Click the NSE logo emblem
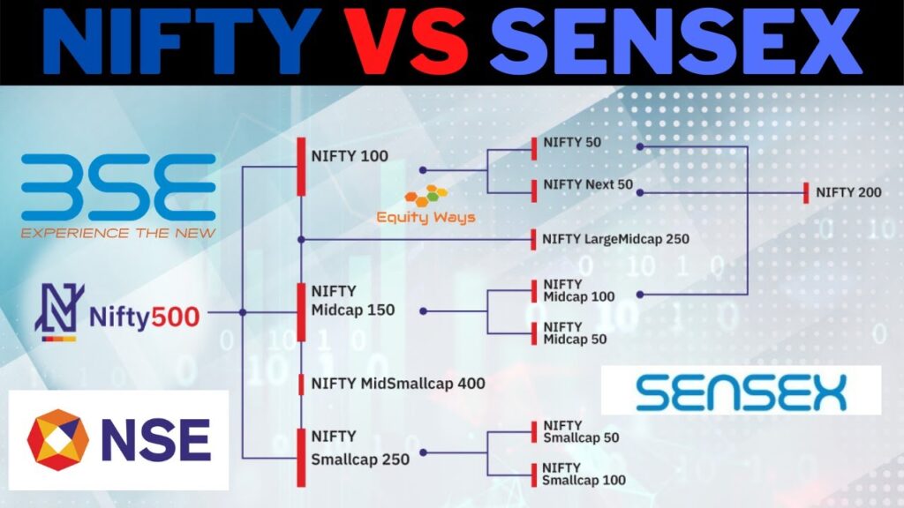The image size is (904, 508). (58, 439)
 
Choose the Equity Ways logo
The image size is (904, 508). (426, 205)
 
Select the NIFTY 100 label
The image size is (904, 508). (350, 157)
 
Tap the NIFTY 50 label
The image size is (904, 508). (573, 141)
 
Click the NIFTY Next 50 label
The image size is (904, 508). (588, 185)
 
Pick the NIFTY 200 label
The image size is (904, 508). (848, 192)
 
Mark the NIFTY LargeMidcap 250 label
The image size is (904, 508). (616, 238)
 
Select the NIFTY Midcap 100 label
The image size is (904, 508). (578, 290)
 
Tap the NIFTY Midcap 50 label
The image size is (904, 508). (575, 332)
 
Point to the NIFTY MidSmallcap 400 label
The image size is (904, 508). (398, 384)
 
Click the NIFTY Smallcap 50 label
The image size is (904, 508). (580, 431)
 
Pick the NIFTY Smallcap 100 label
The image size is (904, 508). (584, 474)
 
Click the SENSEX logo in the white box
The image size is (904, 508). (741, 391)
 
